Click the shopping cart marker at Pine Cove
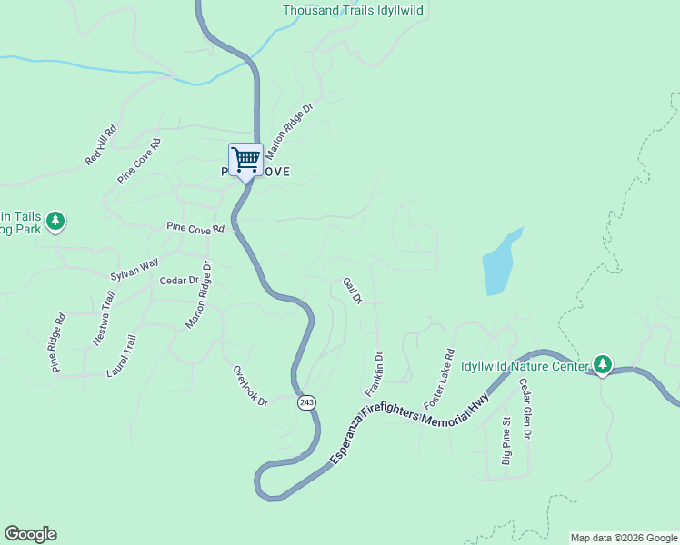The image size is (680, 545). [245, 160]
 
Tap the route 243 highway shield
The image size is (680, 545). [307, 402]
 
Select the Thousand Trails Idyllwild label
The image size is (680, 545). [353, 11]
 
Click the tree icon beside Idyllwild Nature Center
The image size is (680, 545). [602, 364]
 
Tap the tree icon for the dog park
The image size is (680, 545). [55, 221]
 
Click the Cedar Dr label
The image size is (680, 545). [178, 282]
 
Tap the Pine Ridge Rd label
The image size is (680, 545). [58, 343]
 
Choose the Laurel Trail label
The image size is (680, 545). [120, 357]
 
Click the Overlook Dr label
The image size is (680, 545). [250, 386]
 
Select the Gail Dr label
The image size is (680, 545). [353, 292]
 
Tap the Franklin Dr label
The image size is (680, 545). [374, 374]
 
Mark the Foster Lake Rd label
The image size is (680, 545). [438, 376]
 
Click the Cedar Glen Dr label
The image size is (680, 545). [525, 409]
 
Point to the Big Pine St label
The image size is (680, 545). [507, 441]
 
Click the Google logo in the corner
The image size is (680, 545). [30, 534]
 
